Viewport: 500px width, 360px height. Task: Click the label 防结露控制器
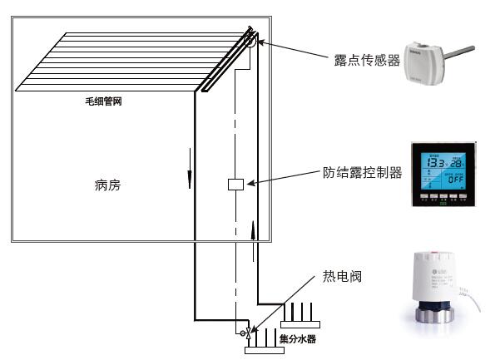click(x=362, y=173)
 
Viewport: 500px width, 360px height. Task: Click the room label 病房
click(x=107, y=185)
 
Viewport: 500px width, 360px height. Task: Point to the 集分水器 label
click(x=297, y=339)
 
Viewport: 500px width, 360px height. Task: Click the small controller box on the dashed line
click(x=235, y=185)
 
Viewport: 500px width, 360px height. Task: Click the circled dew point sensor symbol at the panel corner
click(x=251, y=39)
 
